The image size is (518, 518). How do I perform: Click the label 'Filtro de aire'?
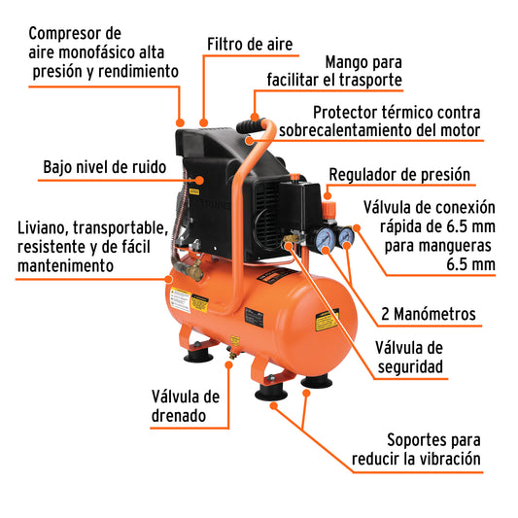click(250, 45)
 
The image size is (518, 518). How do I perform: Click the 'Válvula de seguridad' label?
click(409, 357)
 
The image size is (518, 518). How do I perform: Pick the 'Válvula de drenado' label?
click(186, 405)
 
